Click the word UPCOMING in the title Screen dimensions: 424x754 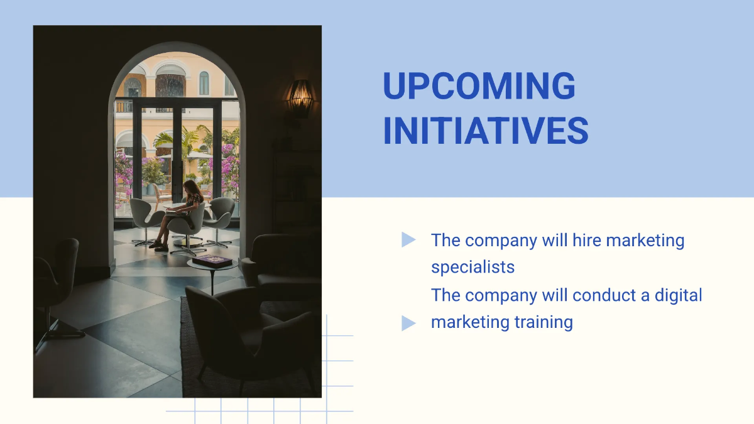point(479,87)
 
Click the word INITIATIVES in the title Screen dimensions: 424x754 point(485,131)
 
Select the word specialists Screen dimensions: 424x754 point(473,267)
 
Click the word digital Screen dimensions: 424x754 point(678,295)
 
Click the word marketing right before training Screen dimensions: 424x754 point(461,322)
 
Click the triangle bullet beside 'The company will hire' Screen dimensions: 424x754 point(408,240)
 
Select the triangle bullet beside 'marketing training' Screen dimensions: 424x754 point(408,323)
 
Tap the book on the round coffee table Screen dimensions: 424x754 point(212,260)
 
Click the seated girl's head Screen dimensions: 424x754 point(190,187)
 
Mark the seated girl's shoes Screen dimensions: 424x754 point(158,246)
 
